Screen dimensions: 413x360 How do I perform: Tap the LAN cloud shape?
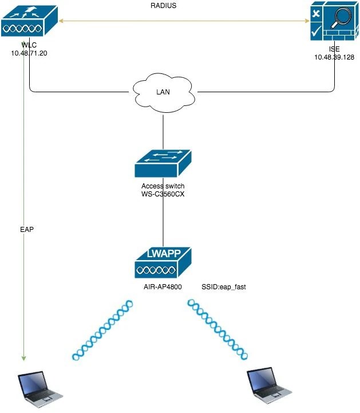pyautogui.click(x=163, y=92)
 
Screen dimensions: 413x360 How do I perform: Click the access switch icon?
pyautogui.click(x=163, y=164)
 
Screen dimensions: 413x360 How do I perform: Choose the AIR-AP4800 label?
pyautogui.click(x=163, y=285)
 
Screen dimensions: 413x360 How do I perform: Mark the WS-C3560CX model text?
pyautogui.click(x=163, y=194)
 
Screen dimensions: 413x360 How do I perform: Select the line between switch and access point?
pyautogui.click(x=163, y=223)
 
